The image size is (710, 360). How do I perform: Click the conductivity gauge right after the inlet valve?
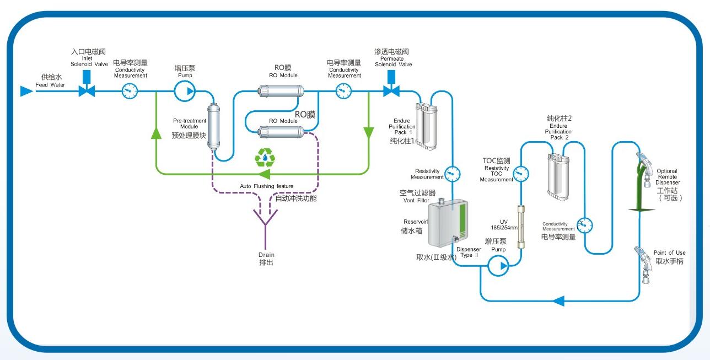pyautogui.click(x=130, y=91)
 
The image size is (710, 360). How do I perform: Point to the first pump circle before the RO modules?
pyautogui.click(x=185, y=91)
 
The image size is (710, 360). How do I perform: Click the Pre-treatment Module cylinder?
pyautogui.click(x=213, y=126)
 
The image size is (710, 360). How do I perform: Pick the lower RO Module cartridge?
pyautogui.click(x=281, y=131)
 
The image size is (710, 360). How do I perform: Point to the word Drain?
pyautogui.click(x=266, y=255)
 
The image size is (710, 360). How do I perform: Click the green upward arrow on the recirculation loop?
pyautogui.click(x=157, y=133)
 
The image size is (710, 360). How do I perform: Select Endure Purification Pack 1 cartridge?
pyautogui.click(x=426, y=126)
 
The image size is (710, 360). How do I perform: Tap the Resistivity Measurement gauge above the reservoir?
pyautogui.click(x=452, y=174)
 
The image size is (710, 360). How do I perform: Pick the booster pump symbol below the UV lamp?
pyautogui.click(x=498, y=266)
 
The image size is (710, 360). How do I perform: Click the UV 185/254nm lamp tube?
pyautogui.click(x=519, y=227)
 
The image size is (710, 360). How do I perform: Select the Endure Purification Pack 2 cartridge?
pyautogui.click(x=558, y=176)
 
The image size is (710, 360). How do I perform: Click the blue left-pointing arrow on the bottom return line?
pyautogui.click(x=558, y=301)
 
